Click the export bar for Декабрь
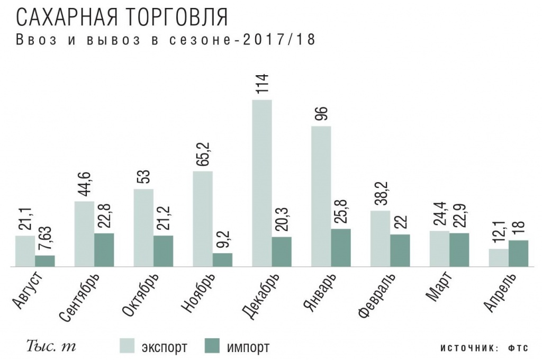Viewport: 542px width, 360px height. (x=261, y=183)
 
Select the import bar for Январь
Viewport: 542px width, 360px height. (x=340, y=247)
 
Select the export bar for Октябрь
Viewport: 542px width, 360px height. (x=143, y=227)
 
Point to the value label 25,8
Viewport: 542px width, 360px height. (x=340, y=212)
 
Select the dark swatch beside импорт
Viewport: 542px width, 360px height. (x=212, y=347)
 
